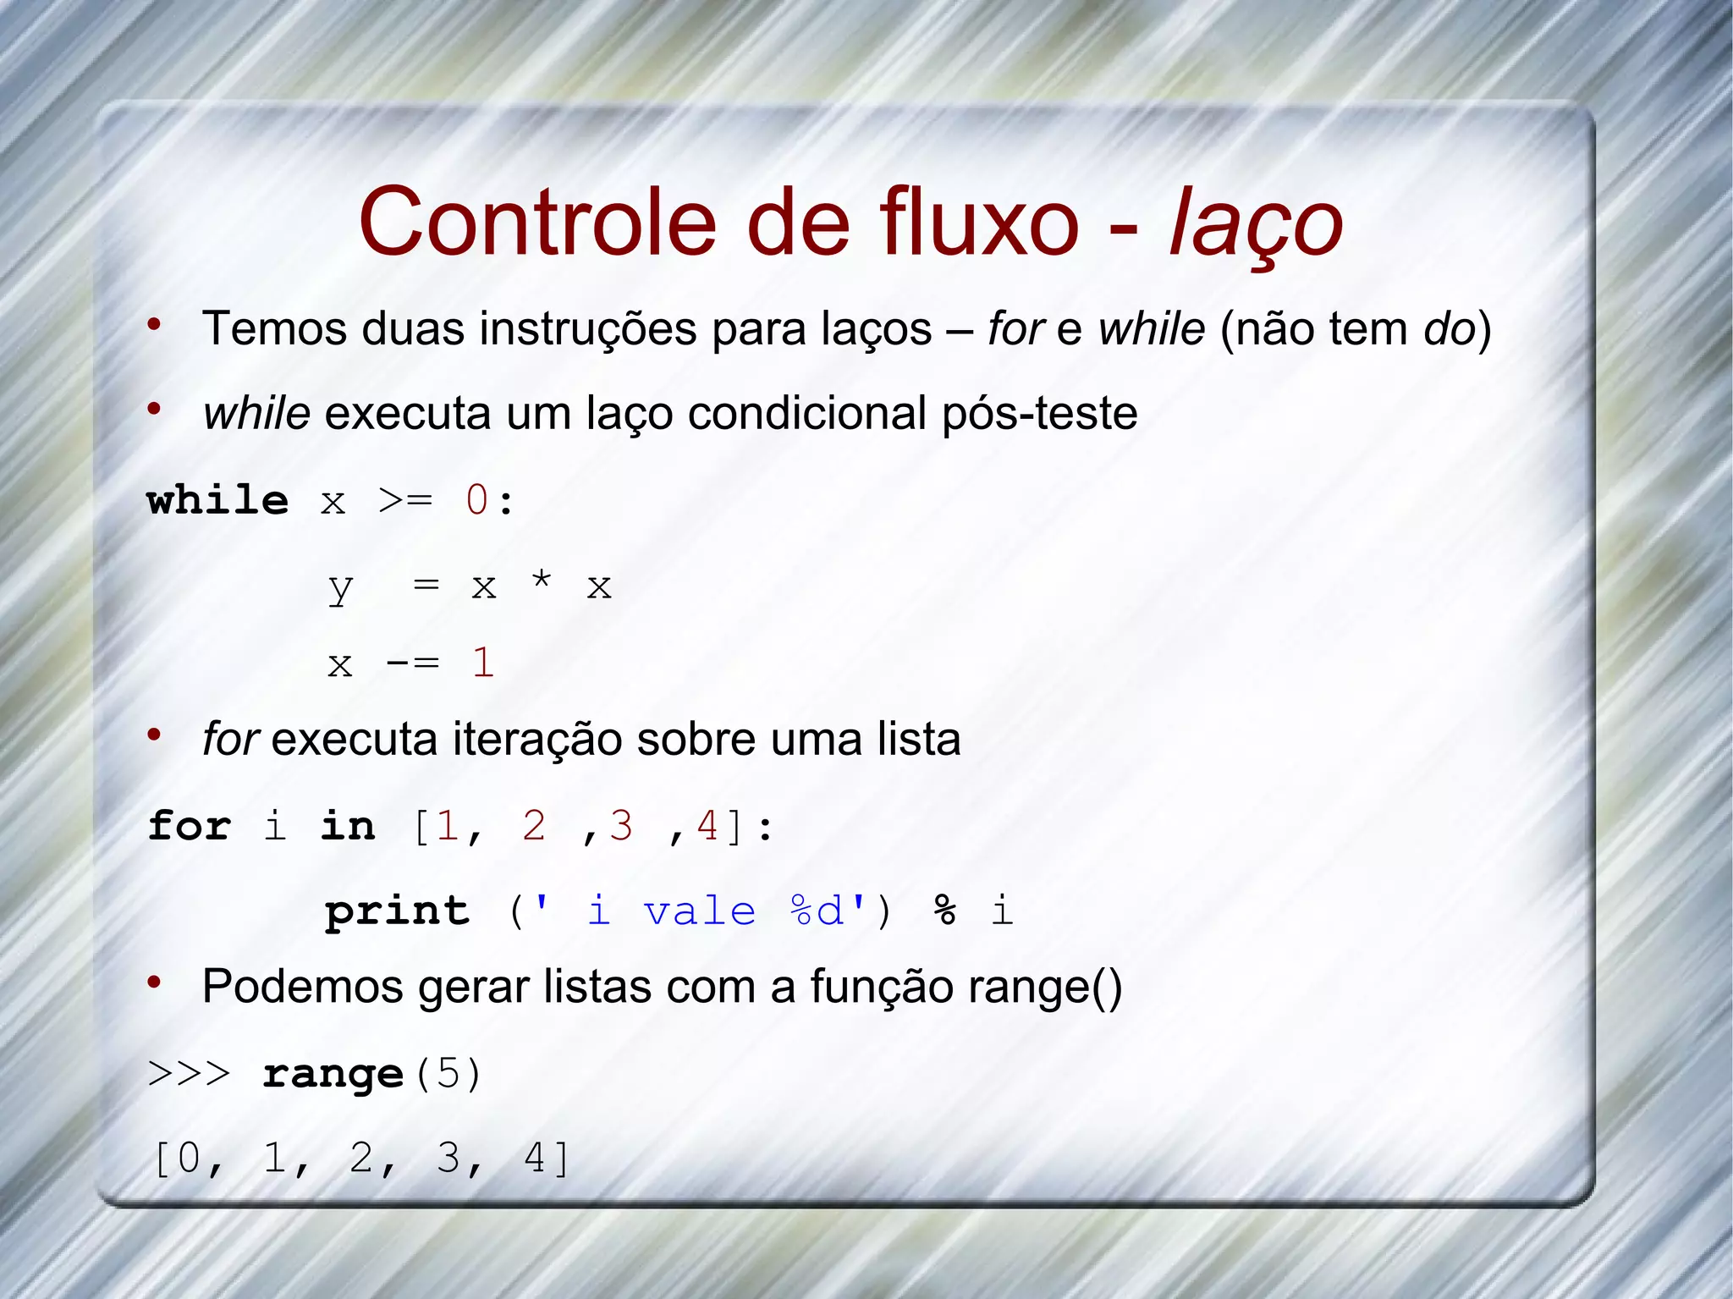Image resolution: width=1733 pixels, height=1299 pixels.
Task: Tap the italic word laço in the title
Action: (1256, 223)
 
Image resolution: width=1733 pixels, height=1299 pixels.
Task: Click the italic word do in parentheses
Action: (1450, 328)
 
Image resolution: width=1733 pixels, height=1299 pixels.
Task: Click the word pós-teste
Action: (1039, 414)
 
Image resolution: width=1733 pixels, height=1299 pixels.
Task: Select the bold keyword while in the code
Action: (217, 500)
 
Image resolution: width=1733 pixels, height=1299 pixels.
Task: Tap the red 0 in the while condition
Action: (477, 500)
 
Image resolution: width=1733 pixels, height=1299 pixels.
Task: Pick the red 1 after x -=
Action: (483, 663)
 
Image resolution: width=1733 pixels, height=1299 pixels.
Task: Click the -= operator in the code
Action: (412, 663)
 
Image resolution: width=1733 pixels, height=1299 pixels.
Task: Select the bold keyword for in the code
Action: (190, 826)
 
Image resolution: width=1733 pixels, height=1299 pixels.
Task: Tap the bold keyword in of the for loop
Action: (348, 826)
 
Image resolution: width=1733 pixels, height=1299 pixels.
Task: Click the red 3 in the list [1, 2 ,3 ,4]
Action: (621, 826)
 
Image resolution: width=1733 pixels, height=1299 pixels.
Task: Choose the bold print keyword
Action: (397, 911)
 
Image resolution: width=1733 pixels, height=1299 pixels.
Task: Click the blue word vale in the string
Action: (700, 911)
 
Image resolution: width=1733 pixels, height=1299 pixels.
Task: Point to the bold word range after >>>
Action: (333, 1075)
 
